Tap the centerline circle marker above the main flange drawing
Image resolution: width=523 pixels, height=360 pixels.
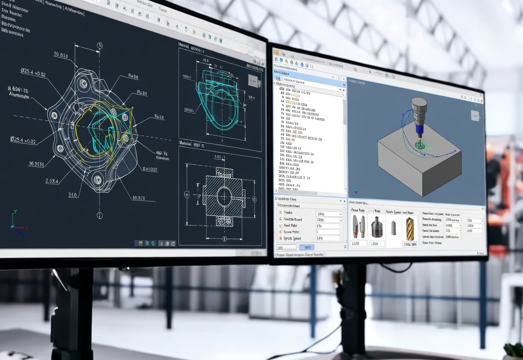[x=98, y=46]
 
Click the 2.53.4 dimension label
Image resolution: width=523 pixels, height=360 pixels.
[x=51, y=181]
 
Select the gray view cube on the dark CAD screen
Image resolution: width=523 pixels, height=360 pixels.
[x=253, y=80]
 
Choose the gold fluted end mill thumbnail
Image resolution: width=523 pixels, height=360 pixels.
[x=410, y=228]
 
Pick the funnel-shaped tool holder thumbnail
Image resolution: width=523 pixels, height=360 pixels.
[x=377, y=227]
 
